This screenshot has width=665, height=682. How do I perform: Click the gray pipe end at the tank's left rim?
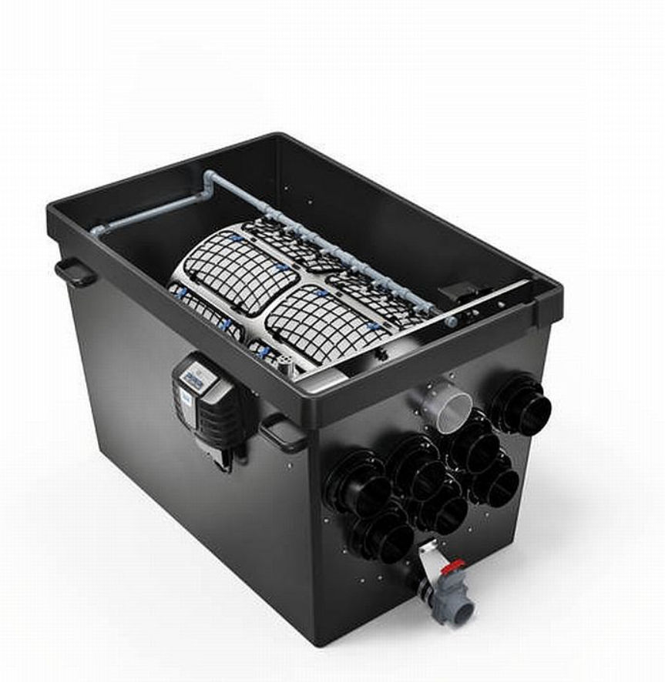(x=97, y=229)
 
